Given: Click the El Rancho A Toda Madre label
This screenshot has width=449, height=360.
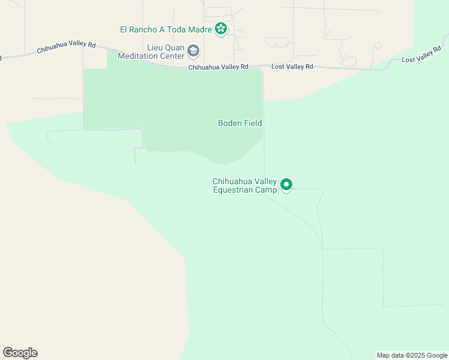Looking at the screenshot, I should coord(166,29).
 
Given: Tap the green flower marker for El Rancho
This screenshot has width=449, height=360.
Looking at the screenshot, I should coord(221,28).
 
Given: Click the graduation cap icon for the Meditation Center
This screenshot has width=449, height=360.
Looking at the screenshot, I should coord(193,51).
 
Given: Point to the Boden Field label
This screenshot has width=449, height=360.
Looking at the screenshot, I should coord(240,123).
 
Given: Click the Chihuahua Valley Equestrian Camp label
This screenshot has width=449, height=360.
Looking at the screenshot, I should coord(245,185).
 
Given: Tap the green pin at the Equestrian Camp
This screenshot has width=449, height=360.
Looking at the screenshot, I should coord(287,185).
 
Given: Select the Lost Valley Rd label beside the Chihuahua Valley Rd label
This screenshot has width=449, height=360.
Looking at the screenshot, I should coord(292,67).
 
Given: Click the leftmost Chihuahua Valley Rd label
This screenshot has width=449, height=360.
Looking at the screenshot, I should coord(66,47).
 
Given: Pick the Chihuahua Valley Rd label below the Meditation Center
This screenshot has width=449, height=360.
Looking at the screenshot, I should coord(218,67).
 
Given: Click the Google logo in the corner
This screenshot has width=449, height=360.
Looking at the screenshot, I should coord(20,353).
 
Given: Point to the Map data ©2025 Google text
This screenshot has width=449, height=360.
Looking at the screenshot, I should coord(412,355).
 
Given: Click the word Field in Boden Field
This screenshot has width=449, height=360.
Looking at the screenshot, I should coord(252,123).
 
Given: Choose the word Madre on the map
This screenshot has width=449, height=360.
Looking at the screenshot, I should coord(200,29).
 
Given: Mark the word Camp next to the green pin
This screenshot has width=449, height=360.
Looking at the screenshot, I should coord(268,190).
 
